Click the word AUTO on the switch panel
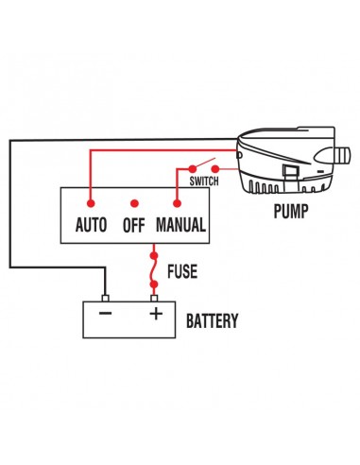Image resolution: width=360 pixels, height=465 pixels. coord(90,227)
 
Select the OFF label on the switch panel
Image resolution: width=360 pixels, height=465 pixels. coord(134,227)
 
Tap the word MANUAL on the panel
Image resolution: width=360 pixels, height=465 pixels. coord(180,227)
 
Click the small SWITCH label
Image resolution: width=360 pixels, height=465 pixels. coord(205,180)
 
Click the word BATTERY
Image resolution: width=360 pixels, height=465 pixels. coord(212,320)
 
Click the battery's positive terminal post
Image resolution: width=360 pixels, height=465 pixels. coord(154,294)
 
